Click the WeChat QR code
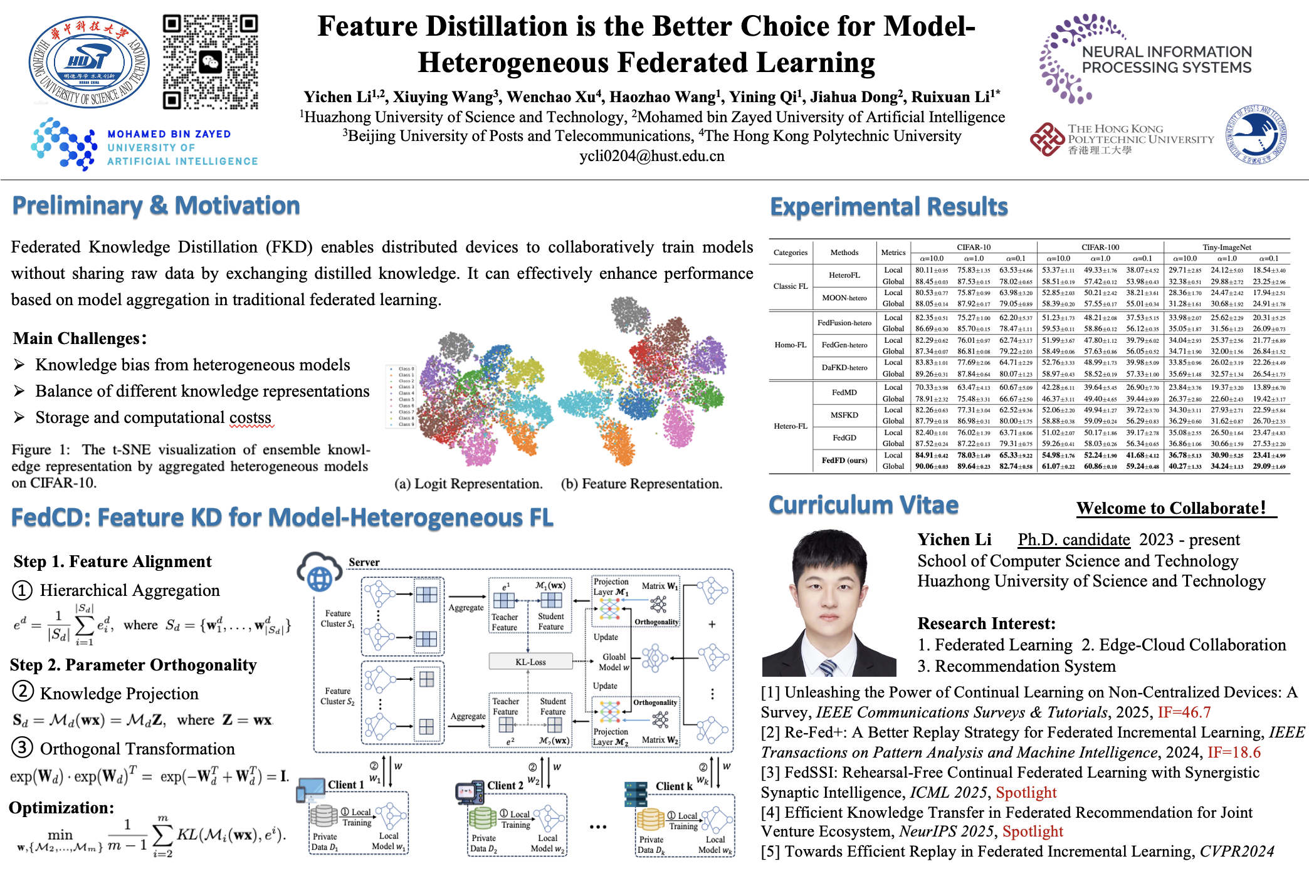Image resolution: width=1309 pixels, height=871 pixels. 211,62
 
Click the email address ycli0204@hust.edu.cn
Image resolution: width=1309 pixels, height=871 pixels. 651,156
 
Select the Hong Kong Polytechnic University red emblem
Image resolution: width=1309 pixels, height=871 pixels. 1047,139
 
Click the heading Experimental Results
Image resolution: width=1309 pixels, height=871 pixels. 888,207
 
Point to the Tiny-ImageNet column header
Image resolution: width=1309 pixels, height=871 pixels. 1226,247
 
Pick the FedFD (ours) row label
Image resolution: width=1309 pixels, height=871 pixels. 844,461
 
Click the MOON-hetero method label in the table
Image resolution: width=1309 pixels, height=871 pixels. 844,298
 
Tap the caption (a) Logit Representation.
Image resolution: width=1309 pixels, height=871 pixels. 468,484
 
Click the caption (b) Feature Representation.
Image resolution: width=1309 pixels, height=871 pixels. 641,484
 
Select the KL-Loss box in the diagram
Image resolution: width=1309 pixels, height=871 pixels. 530,662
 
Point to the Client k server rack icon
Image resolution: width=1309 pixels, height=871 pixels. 636,794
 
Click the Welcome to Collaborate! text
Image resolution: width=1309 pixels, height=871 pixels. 1171,508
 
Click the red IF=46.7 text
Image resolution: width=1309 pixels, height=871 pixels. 1184,712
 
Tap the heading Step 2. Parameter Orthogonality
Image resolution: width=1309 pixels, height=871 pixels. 134,665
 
